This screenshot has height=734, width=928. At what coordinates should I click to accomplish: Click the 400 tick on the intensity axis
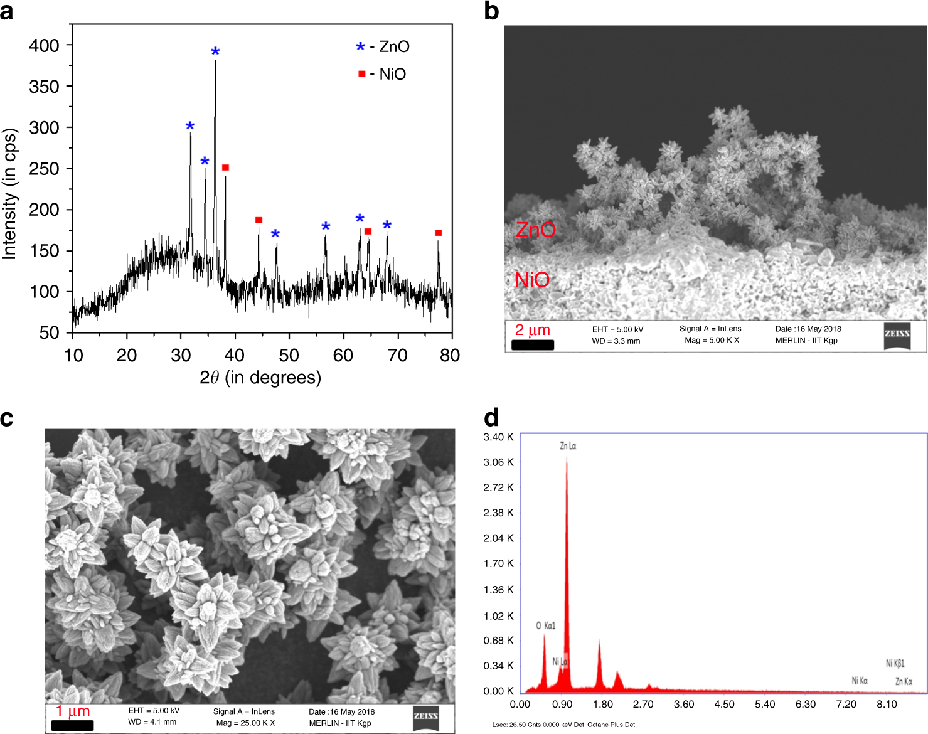point(45,45)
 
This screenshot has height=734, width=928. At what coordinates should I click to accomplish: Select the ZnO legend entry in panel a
point(383,46)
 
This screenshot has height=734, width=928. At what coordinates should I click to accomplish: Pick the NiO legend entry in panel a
point(383,74)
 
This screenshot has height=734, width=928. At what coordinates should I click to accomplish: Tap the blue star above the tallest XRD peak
point(215,52)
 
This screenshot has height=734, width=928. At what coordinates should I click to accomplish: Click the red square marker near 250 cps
point(225,168)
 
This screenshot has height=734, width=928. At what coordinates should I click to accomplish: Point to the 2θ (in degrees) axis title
point(260,378)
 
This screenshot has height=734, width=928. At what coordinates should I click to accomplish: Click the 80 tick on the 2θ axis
point(450,356)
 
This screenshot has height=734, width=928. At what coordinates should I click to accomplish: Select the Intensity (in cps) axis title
point(9,194)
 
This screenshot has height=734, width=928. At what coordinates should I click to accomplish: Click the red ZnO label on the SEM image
point(535,230)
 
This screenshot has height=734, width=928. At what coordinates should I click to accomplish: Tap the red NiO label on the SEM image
point(532,280)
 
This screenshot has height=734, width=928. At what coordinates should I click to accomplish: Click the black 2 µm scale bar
point(533,345)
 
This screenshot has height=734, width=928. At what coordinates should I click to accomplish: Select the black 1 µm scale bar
point(72,725)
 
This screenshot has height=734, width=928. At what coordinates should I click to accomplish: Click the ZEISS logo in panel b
point(897,334)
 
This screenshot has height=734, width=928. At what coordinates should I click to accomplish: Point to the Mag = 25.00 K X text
point(245,723)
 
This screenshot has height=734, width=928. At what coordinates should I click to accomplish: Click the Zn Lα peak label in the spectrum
point(568,446)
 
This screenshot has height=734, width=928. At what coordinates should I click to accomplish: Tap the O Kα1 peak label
point(545,625)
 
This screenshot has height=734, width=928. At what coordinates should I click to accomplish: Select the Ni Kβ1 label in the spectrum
point(895,663)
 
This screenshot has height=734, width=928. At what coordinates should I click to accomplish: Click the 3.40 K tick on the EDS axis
point(498,437)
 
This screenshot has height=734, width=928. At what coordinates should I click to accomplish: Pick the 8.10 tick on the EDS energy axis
point(887,704)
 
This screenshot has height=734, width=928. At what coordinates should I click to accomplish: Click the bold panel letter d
point(491,418)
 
